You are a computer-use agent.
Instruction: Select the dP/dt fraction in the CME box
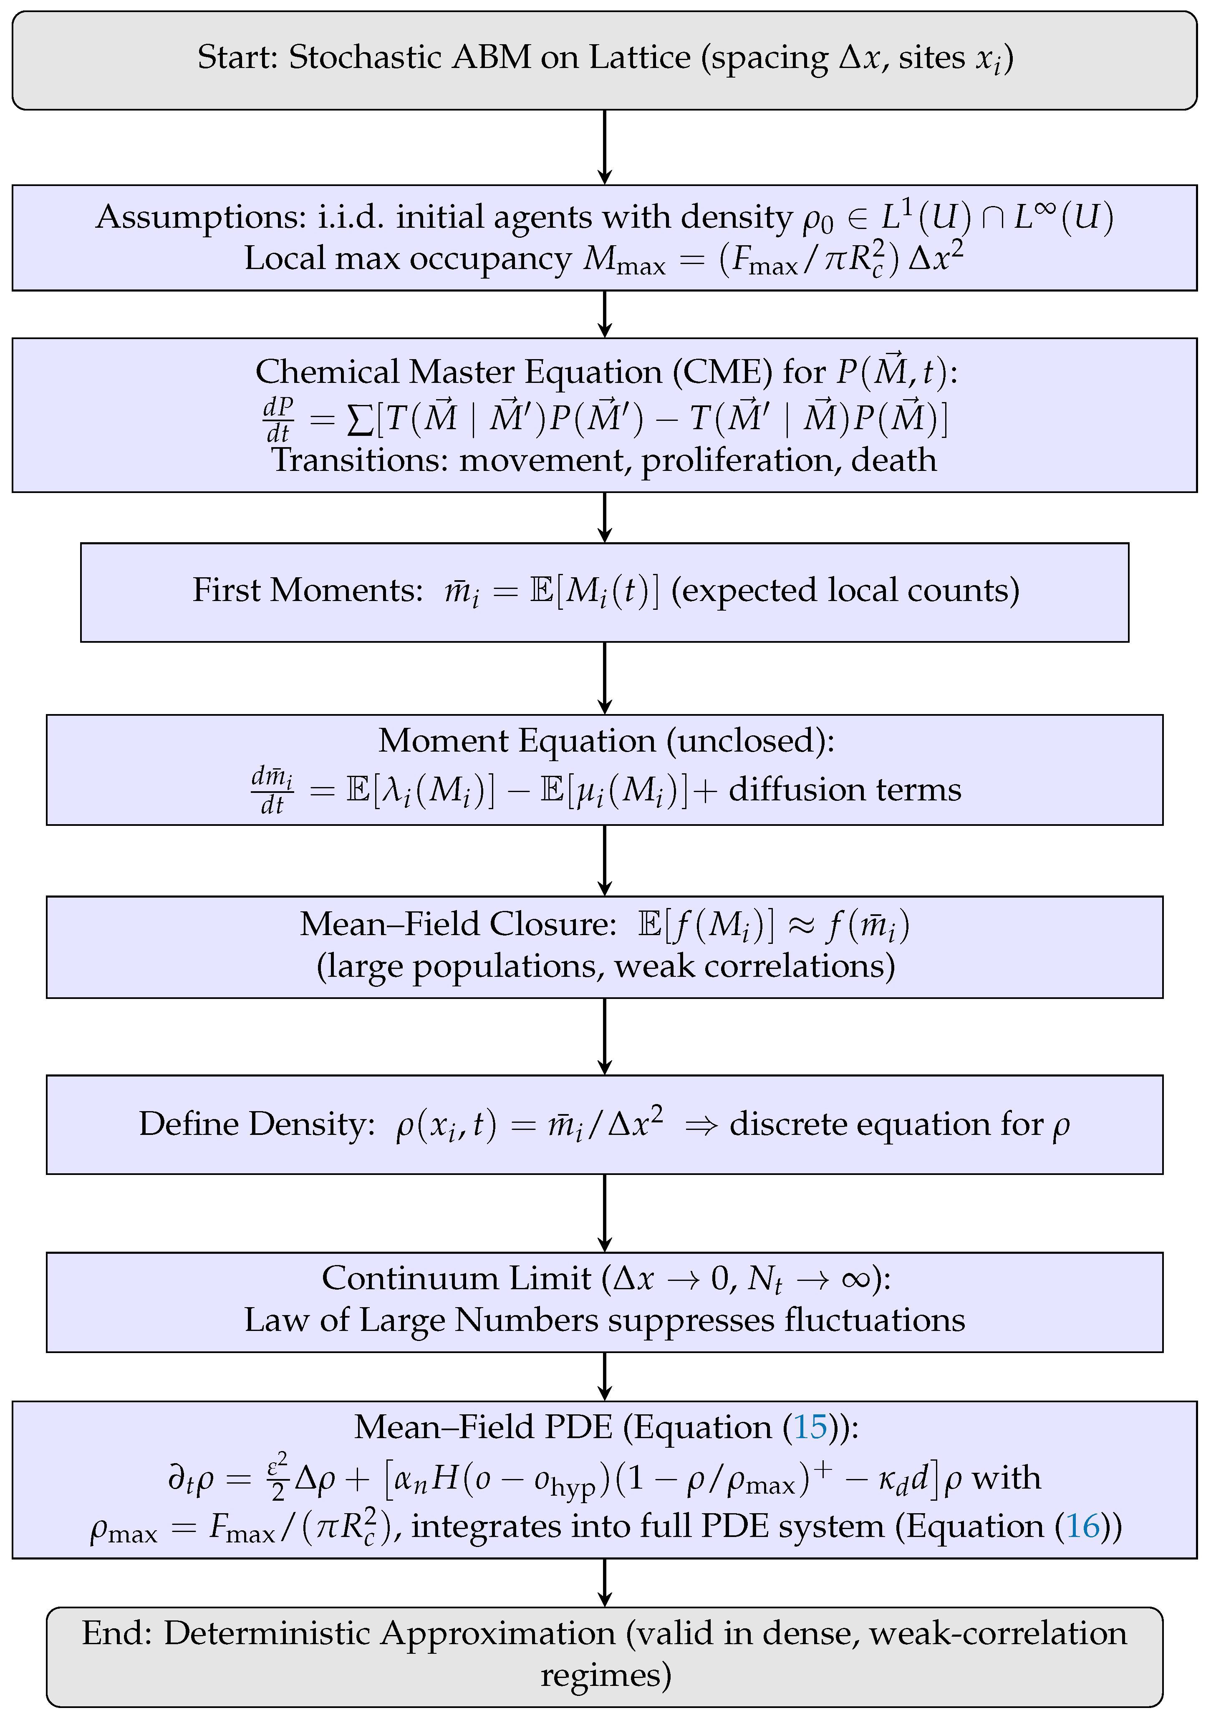click(x=278, y=420)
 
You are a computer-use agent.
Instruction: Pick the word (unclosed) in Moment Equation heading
click(x=751, y=741)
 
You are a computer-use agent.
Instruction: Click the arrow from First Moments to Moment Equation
click(x=605, y=678)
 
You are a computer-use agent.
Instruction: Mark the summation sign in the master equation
click(x=361, y=420)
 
